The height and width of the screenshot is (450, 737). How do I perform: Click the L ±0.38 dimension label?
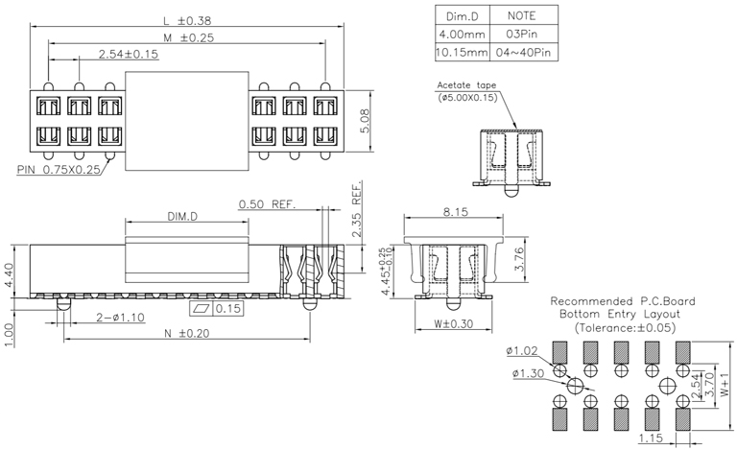[188, 20]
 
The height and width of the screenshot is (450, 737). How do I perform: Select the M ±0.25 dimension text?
[188, 37]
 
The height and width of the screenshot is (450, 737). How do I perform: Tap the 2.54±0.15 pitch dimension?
[129, 55]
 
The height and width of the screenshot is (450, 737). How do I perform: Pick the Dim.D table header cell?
[462, 16]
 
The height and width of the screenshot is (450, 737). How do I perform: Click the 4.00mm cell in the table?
[462, 34]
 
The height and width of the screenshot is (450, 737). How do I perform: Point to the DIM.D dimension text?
[182, 218]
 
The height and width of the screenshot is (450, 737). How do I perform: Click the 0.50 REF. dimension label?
[267, 204]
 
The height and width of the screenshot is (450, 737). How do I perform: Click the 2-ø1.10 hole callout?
[121, 318]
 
